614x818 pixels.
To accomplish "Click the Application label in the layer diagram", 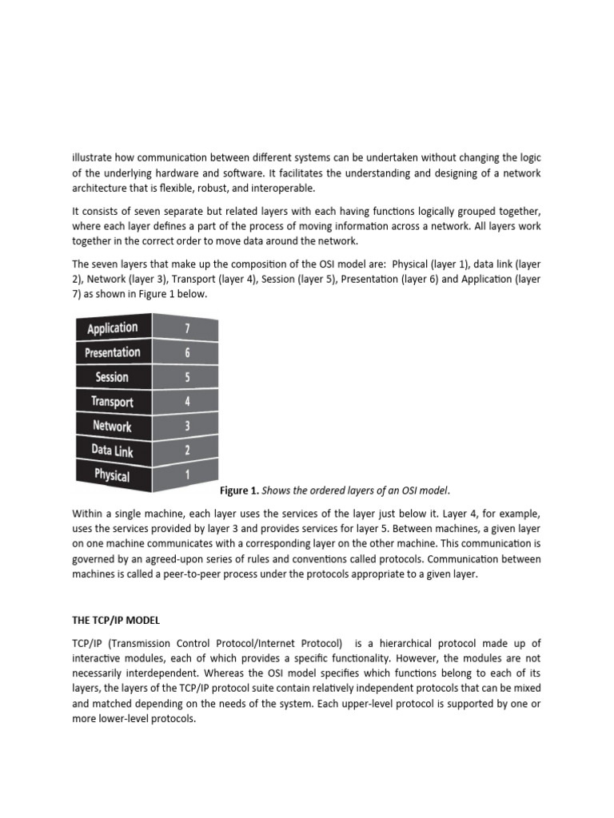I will pyautogui.click(x=112, y=328).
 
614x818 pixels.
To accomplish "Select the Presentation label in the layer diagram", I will pyautogui.click(x=112, y=352).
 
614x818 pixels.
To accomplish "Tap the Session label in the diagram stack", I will pyautogui.click(x=112, y=377).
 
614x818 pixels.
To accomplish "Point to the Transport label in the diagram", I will pyautogui.click(x=112, y=402).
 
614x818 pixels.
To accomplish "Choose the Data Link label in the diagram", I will pyautogui.click(x=112, y=451).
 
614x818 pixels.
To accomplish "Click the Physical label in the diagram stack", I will pyautogui.click(x=112, y=475).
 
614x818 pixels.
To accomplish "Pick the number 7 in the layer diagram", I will pyautogui.click(x=187, y=328).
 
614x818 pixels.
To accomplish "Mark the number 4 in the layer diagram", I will pyautogui.click(x=187, y=401).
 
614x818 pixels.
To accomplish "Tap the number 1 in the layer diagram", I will pyautogui.click(x=187, y=474).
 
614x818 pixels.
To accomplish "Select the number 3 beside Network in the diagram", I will pyautogui.click(x=187, y=426).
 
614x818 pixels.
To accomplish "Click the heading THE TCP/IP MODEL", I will pyautogui.click(x=120, y=618).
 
